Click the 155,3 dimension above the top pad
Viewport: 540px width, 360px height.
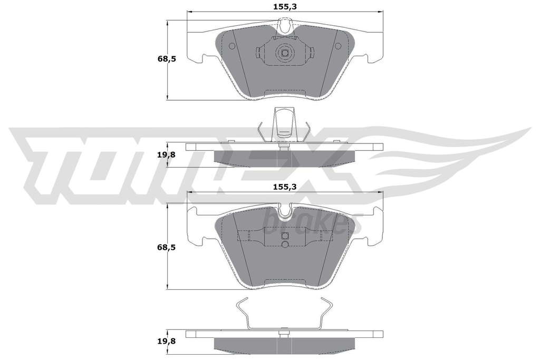pos(285,6)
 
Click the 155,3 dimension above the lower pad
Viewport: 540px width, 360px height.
pos(285,187)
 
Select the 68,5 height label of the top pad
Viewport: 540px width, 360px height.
pos(167,59)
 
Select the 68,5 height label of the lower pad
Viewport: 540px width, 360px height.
pos(167,247)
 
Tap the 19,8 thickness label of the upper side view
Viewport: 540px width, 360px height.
pos(167,155)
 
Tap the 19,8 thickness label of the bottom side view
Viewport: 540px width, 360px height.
pos(167,342)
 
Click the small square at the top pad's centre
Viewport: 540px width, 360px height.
pos(285,53)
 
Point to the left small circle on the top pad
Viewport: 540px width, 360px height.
pos(232,46)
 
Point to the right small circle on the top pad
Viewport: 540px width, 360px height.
pos(338,46)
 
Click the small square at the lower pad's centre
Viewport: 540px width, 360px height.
pos(285,236)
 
